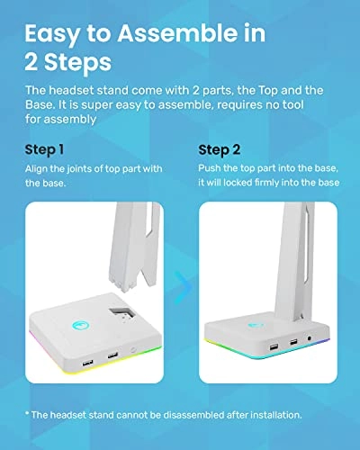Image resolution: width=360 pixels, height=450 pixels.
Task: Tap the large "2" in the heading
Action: tap(33, 66)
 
